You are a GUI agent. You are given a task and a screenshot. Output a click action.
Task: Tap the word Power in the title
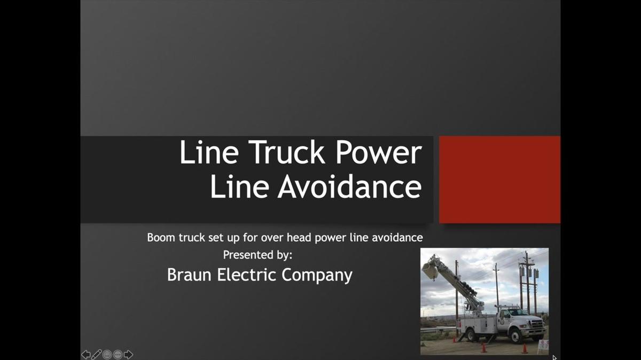click(x=379, y=153)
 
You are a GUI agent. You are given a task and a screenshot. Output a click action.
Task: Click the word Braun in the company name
click(x=189, y=275)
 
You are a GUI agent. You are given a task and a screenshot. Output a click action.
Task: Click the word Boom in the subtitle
click(x=161, y=238)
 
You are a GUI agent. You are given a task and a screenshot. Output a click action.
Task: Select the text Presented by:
click(x=257, y=255)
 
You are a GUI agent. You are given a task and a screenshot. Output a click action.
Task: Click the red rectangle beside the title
click(x=499, y=179)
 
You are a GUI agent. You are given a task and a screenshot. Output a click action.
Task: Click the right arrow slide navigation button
click(x=128, y=354)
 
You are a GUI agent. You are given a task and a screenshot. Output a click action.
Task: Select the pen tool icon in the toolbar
click(x=97, y=354)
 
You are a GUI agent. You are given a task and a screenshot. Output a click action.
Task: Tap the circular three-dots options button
click(x=118, y=354)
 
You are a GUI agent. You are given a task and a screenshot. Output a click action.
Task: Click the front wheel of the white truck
click(x=516, y=335)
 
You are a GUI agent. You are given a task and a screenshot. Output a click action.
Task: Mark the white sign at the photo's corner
click(x=543, y=345)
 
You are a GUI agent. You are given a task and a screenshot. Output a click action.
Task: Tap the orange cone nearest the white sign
click(x=525, y=348)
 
